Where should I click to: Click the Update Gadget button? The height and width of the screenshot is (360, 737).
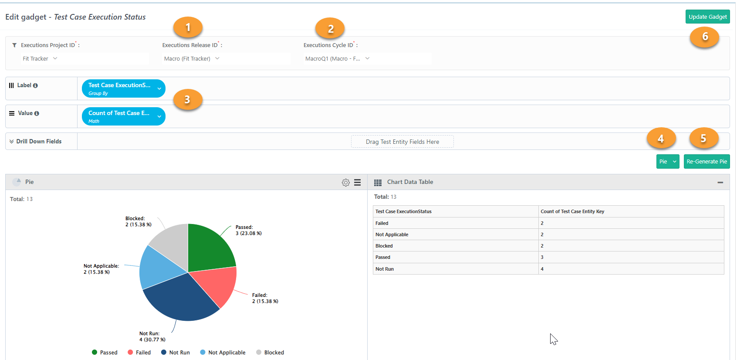pyautogui.click(x=707, y=17)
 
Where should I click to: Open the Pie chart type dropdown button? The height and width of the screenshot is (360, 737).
pyautogui.click(x=668, y=162)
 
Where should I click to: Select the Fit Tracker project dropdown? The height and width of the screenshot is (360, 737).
pyautogui.click(x=40, y=58)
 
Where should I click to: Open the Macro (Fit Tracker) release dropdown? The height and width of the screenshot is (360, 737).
pyautogui.click(x=192, y=58)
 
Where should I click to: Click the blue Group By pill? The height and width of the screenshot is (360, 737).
pyautogui.click(x=123, y=88)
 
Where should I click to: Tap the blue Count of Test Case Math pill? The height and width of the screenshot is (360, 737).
pyautogui.click(x=123, y=116)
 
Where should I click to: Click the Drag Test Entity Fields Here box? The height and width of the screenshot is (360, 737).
pyautogui.click(x=402, y=142)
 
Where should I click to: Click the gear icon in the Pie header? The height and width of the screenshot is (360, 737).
pyautogui.click(x=345, y=182)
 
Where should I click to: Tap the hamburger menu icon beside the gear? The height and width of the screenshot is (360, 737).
pyautogui.click(x=357, y=182)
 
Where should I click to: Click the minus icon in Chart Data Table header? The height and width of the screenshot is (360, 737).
pyautogui.click(x=720, y=182)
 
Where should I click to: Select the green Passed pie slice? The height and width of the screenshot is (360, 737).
pyautogui.click(x=210, y=247)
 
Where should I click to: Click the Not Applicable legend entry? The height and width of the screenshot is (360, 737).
pyautogui.click(x=223, y=353)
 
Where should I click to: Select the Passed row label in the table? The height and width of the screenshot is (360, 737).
pyautogui.click(x=382, y=257)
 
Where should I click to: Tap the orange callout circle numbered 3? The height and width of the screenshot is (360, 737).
pyautogui.click(x=187, y=99)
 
